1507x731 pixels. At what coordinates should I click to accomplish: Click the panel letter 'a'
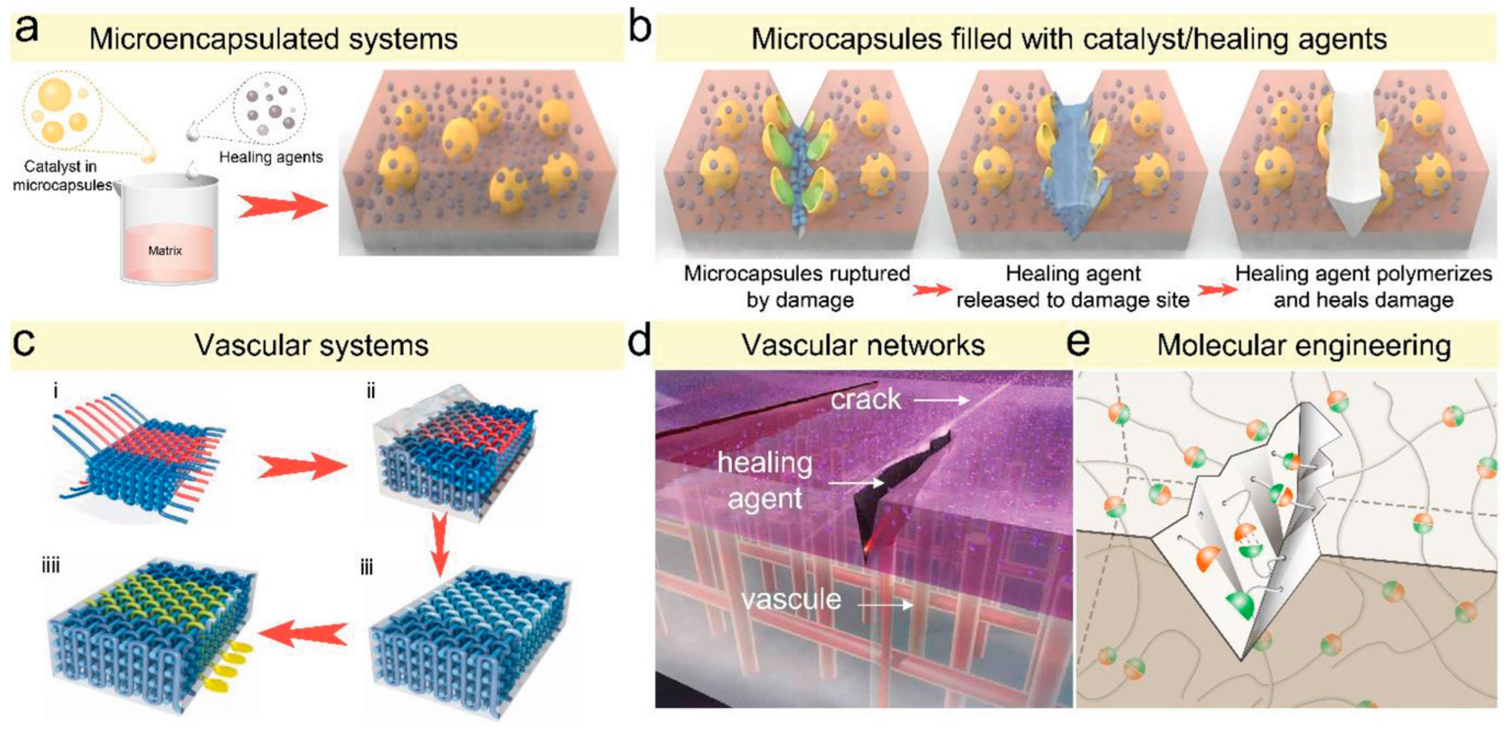27,29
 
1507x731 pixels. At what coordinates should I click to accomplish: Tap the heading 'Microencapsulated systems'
273,39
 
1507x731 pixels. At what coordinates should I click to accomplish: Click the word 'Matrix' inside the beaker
165,251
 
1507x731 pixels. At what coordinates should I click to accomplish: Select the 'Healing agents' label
271,157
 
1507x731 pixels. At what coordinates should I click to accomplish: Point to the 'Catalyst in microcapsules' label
61,175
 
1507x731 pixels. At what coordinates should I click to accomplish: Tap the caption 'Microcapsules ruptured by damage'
797,286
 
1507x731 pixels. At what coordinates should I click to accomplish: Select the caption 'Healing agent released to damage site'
1073,286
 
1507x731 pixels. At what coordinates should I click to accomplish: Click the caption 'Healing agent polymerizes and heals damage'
1364,286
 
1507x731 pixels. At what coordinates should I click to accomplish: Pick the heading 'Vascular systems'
312,345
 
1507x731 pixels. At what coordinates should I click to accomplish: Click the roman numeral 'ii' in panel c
371,391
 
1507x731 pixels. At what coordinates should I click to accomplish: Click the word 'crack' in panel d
866,399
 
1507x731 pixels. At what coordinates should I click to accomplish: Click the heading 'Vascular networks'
863,345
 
